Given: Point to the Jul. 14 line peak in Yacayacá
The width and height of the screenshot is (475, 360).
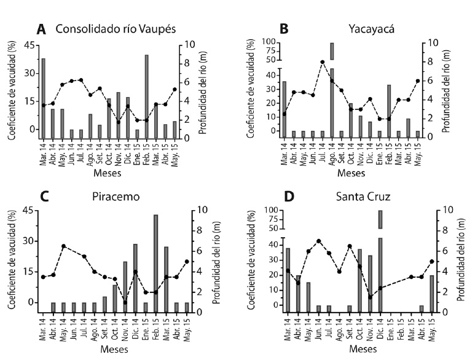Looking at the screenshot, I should [322, 62].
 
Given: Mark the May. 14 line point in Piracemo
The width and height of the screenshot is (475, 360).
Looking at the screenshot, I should [63, 246].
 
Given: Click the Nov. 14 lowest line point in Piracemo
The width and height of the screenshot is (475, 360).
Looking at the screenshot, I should [125, 302].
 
